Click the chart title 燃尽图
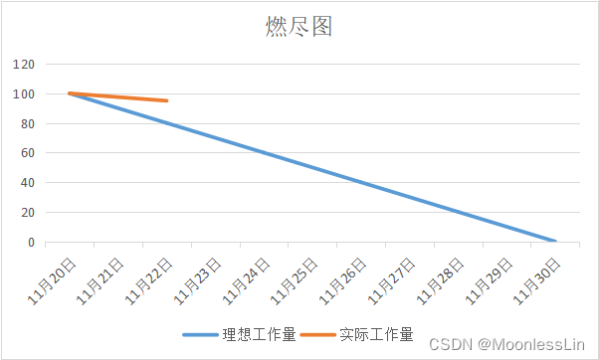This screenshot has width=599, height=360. [299, 27]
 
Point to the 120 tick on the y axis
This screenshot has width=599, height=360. [25, 65]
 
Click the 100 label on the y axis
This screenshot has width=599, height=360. [25, 94]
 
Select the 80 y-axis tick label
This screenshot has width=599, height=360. [28, 124]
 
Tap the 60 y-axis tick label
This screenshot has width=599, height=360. [28, 153]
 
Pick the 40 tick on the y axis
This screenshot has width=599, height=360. [28, 183]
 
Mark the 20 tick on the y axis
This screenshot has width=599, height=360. [28, 213]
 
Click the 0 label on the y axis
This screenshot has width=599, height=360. [32, 243]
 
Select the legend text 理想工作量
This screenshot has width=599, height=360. [259, 334]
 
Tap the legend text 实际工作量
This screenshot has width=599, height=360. [375, 334]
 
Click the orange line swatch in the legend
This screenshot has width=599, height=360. [317, 334]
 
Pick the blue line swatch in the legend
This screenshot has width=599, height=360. [201, 334]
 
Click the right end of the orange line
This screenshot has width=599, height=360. [167, 100]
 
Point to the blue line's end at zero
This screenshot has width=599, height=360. [554, 242]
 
